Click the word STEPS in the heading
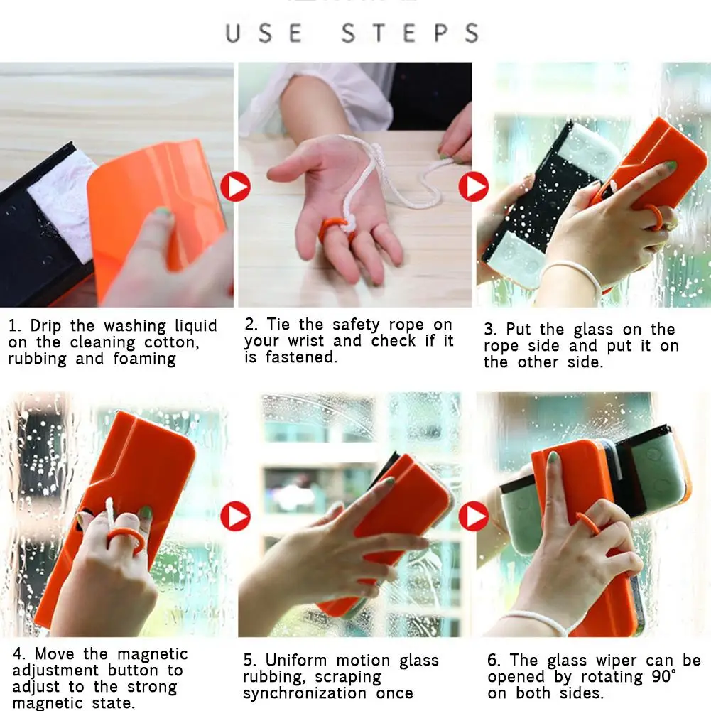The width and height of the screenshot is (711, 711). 411,33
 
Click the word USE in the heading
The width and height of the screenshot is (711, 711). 264,33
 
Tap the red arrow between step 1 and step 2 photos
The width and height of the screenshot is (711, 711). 235,186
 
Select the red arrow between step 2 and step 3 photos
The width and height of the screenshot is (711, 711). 474,186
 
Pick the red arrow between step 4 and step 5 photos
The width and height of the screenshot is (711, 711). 235,516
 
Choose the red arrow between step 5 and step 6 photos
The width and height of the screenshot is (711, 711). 474,516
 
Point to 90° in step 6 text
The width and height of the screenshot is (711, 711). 664,676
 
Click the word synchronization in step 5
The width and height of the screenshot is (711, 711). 305,693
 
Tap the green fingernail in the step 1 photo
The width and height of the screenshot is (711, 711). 162,211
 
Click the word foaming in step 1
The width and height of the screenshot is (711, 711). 144,359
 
